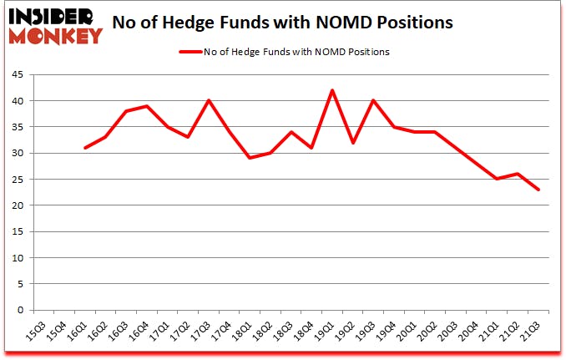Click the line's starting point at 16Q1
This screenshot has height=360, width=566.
pos(84,148)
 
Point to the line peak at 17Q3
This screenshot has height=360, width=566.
pos(209,101)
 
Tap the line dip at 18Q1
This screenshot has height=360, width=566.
pos(250,158)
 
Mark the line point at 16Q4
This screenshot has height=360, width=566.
pos(146,106)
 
